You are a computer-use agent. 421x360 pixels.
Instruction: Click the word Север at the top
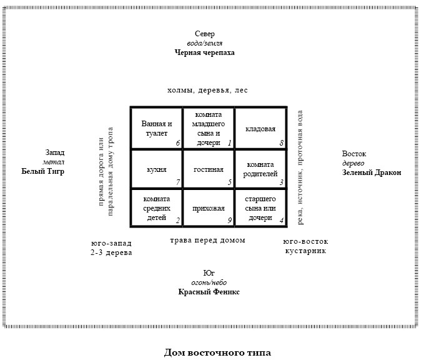(x=205, y=34)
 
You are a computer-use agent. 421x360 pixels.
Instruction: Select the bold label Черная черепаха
(x=205, y=52)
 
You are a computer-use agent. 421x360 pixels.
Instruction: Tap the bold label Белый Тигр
(x=43, y=171)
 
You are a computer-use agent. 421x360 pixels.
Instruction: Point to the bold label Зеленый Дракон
(x=372, y=172)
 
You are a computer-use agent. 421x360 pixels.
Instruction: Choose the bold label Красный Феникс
(x=209, y=292)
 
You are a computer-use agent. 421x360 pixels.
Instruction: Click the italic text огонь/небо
(x=209, y=282)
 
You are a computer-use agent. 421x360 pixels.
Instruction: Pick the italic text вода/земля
(x=205, y=43)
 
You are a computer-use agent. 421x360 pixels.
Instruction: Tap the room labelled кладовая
(x=260, y=129)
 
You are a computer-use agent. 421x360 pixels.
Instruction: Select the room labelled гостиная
(x=209, y=169)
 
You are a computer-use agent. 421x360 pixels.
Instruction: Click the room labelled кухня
(x=157, y=169)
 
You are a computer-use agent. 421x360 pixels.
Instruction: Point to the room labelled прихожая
(x=209, y=209)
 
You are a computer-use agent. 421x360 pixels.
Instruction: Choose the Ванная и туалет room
(x=157, y=128)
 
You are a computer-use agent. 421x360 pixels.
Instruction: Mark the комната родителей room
(x=260, y=169)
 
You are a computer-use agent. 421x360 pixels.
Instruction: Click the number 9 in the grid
(x=230, y=221)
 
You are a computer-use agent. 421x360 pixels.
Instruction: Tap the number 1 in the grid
(x=230, y=143)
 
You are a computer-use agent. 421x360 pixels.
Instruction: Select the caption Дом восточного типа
(x=217, y=352)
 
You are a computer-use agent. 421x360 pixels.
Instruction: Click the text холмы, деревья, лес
(x=207, y=90)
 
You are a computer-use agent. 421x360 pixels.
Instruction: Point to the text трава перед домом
(x=207, y=240)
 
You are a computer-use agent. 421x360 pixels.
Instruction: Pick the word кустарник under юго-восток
(x=305, y=251)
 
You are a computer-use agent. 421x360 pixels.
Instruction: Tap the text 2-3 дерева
(x=111, y=252)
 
